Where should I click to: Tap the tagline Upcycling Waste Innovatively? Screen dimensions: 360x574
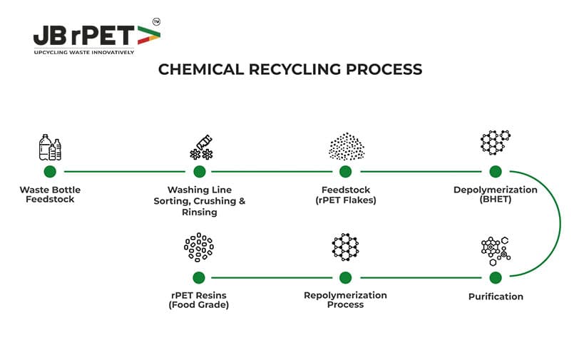[84, 52]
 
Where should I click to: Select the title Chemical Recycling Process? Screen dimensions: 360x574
[289, 69]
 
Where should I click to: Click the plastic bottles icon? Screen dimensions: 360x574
[49, 148]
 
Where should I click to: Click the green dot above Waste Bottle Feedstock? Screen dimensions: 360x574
[50, 172]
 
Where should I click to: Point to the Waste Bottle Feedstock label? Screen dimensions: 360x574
[50, 195]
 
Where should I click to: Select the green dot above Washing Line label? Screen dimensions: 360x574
[200, 172]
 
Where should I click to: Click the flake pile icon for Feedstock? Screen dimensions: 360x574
[346, 146]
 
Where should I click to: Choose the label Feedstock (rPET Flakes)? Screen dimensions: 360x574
[346, 195]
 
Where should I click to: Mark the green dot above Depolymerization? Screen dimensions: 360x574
[496, 172]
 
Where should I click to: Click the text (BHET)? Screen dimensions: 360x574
[496, 200]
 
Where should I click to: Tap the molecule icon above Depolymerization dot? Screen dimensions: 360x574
[496, 143]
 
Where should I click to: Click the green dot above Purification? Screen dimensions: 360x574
[496, 277]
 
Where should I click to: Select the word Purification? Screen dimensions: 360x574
[496, 296]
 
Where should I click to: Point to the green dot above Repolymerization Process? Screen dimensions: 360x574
[346, 277]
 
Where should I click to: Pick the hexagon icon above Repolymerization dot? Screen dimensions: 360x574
[346, 247]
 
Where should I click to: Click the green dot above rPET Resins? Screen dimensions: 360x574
[199, 277]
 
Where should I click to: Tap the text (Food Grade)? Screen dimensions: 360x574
[199, 305]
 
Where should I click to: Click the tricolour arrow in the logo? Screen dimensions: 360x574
[146, 35]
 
